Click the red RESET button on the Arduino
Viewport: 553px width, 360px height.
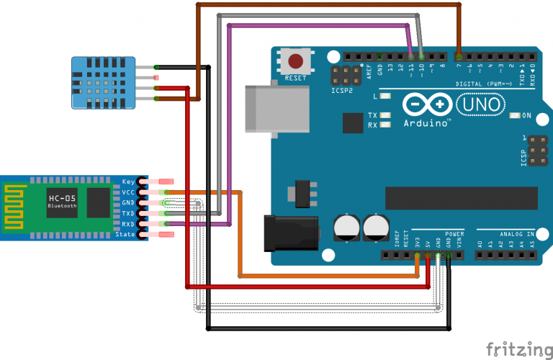click(295, 60)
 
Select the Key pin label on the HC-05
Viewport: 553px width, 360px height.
click(129, 181)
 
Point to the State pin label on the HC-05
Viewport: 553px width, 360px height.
click(125, 235)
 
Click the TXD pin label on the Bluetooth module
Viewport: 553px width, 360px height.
click(128, 214)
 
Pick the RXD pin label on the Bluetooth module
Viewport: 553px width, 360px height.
click(128, 224)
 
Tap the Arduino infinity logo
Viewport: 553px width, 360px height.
click(421, 106)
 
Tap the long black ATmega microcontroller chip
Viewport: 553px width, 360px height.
click(462, 196)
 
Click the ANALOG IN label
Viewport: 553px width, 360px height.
click(516, 234)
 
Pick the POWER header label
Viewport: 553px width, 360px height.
click(454, 234)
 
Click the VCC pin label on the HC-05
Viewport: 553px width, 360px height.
click(129, 192)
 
